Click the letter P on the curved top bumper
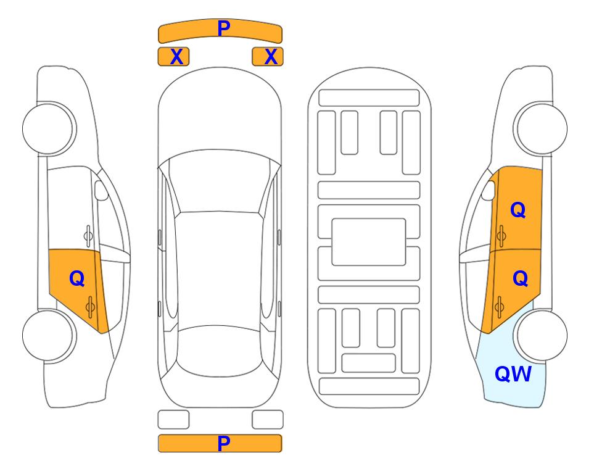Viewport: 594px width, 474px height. coord(224,28)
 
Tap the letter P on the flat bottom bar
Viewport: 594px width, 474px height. coord(224,443)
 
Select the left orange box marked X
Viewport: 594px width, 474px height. coord(173,57)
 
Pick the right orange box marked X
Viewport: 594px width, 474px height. coord(268,57)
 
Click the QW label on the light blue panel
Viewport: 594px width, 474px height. coord(513,374)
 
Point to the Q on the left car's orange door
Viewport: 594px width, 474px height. coord(77,279)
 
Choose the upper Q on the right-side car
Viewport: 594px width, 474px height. coord(518,210)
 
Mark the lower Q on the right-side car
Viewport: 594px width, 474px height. coord(520,279)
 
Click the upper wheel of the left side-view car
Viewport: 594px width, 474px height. coord(49,128)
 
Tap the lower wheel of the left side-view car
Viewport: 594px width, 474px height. coord(49,335)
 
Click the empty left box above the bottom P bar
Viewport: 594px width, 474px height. coord(173,420)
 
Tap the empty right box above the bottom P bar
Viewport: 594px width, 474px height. coord(268,420)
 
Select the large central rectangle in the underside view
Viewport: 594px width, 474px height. coord(369,242)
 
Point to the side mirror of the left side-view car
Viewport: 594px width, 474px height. coord(101,190)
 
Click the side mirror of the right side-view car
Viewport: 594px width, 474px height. coord(489,190)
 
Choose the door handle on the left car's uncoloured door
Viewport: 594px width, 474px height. coord(88,236)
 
